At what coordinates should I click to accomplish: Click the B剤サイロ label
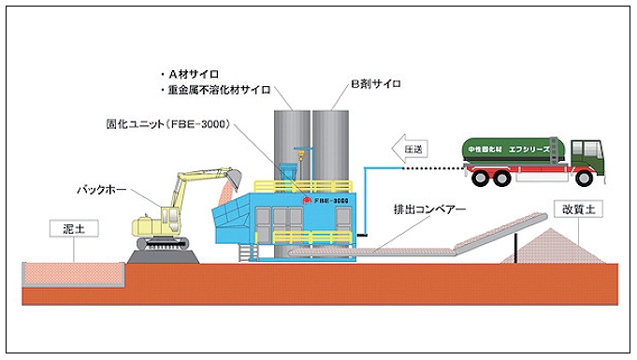pos(375,84)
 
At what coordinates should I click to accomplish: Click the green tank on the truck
pos(509,149)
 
